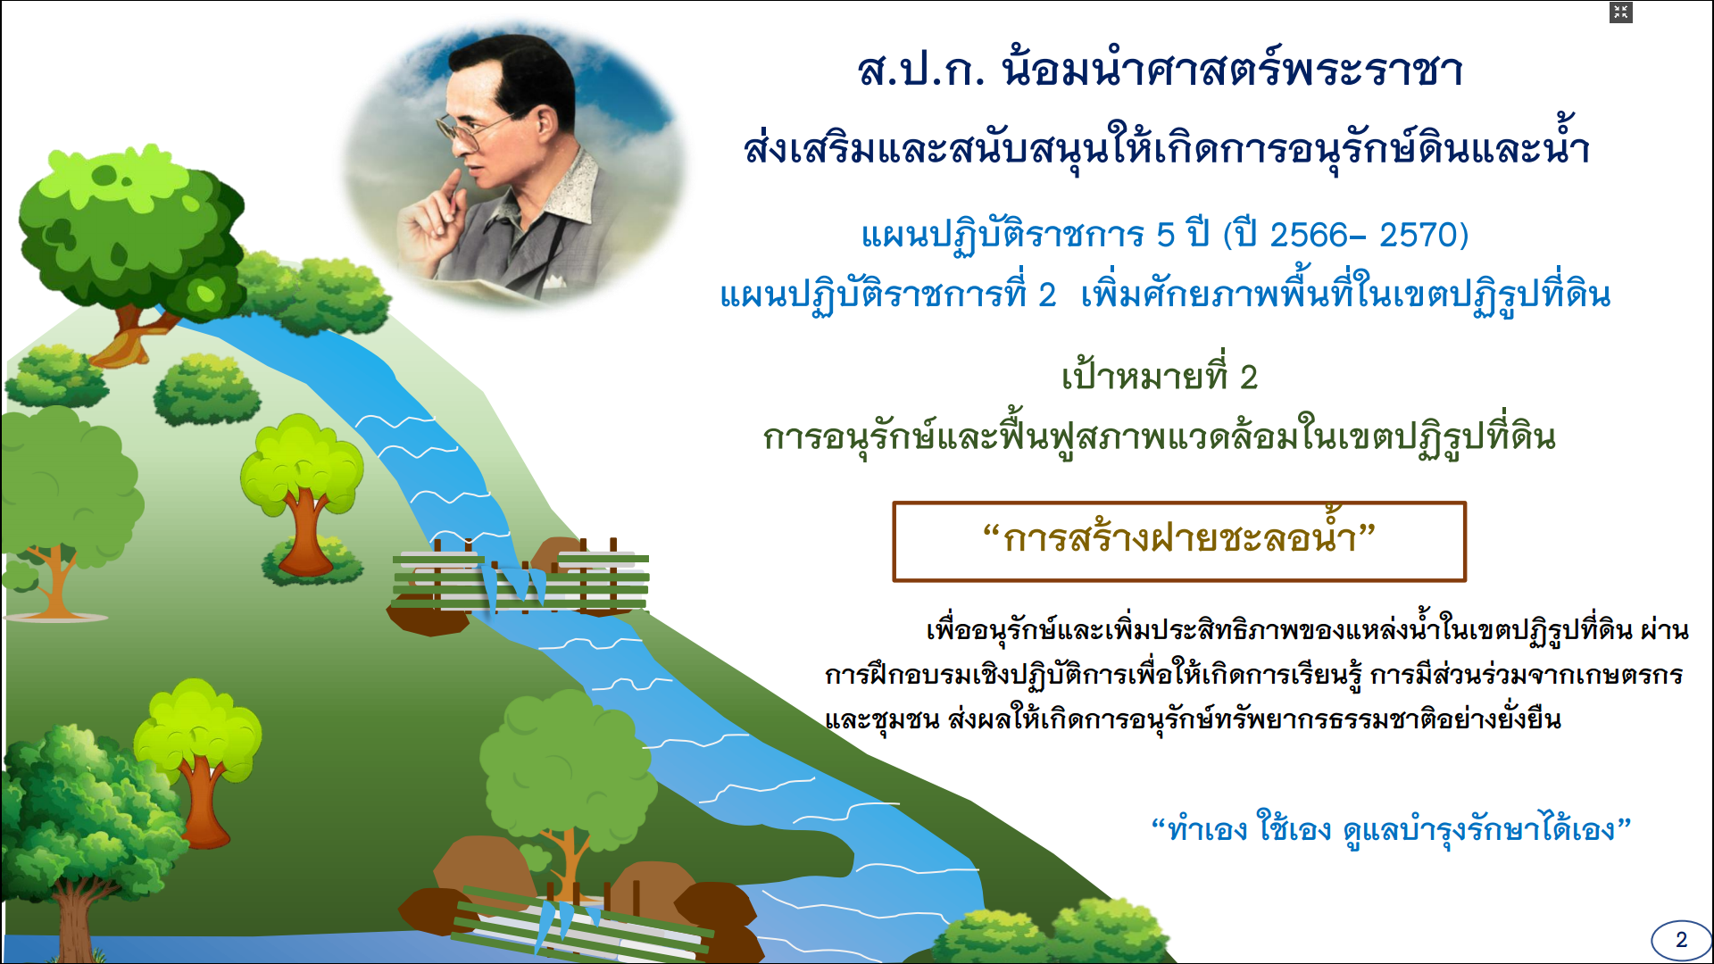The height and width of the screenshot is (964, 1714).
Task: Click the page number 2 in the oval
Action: (x=1681, y=940)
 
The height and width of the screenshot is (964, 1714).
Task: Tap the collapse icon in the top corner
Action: (x=1621, y=12)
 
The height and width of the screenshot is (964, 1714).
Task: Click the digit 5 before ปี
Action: (x=1166, y=235)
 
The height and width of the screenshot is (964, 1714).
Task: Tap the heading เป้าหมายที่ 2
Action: (x=1160, y=376)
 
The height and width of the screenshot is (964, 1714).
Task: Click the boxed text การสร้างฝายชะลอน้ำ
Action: (x=1178, y=538)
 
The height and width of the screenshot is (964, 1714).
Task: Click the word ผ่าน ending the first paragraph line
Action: (x=1665, y=630)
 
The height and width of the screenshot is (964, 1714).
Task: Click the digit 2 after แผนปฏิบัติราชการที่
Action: (x=1047, y=295)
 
